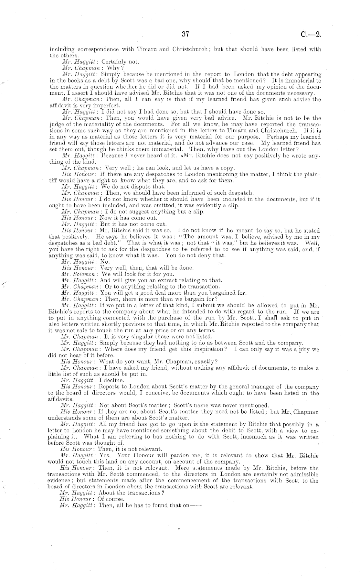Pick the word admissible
tap(303, 474)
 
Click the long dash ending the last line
tap(196, 505)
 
